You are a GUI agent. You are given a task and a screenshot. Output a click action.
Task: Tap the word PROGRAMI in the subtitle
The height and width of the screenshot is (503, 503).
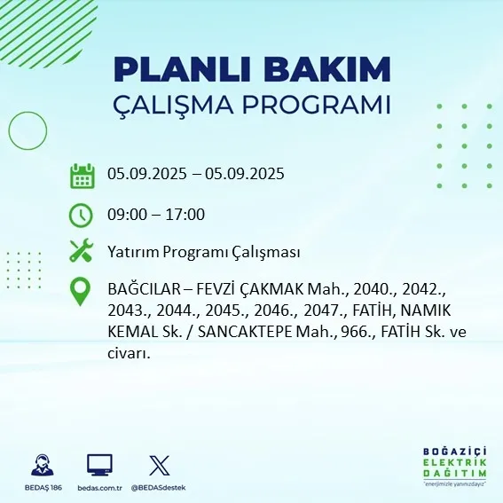315,104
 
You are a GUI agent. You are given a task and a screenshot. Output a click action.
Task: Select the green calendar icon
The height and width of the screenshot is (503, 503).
82,176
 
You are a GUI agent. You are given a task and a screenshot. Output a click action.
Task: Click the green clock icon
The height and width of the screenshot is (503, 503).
82,214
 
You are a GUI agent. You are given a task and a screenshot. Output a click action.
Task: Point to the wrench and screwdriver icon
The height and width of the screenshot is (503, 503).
82,252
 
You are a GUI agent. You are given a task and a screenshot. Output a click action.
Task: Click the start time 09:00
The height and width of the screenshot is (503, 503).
125,214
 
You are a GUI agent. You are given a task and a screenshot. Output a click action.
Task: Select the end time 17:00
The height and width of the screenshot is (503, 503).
187,214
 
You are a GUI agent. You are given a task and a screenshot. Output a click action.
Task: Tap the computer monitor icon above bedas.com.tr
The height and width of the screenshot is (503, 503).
99,466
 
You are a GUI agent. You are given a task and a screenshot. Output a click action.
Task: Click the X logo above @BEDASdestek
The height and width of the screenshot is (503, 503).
159,466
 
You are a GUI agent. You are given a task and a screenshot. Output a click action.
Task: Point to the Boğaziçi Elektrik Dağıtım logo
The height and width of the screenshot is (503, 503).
456,463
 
